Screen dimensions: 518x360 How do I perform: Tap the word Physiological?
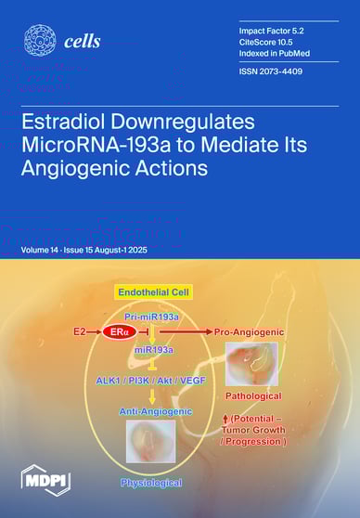tap(150, 483)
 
